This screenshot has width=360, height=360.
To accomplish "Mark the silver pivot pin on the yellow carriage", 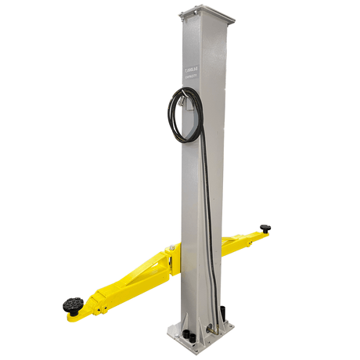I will click(171, 252).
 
